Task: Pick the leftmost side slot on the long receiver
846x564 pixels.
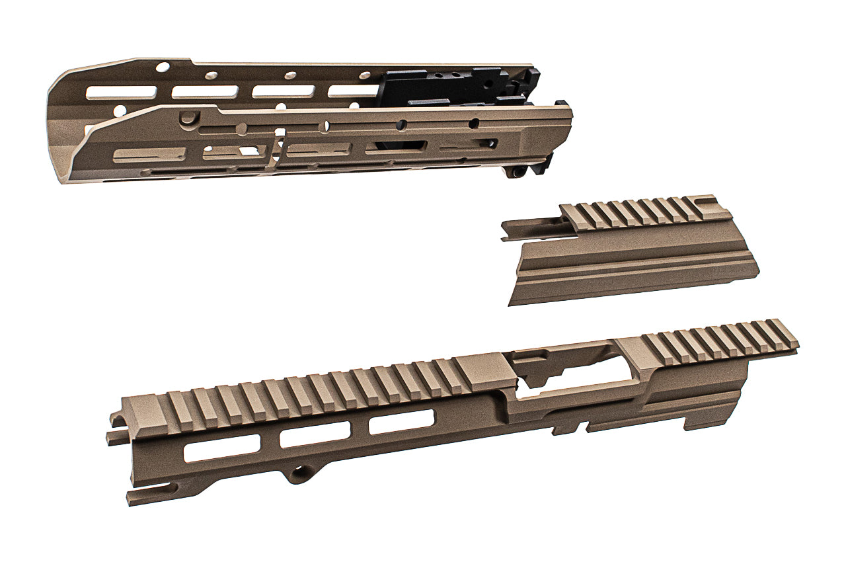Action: coord(221,450)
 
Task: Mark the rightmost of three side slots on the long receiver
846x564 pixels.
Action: coord(401,422)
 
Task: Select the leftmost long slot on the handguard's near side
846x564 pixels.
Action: coord(149,155)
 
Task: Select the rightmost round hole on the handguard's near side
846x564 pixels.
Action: coord(473,123)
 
